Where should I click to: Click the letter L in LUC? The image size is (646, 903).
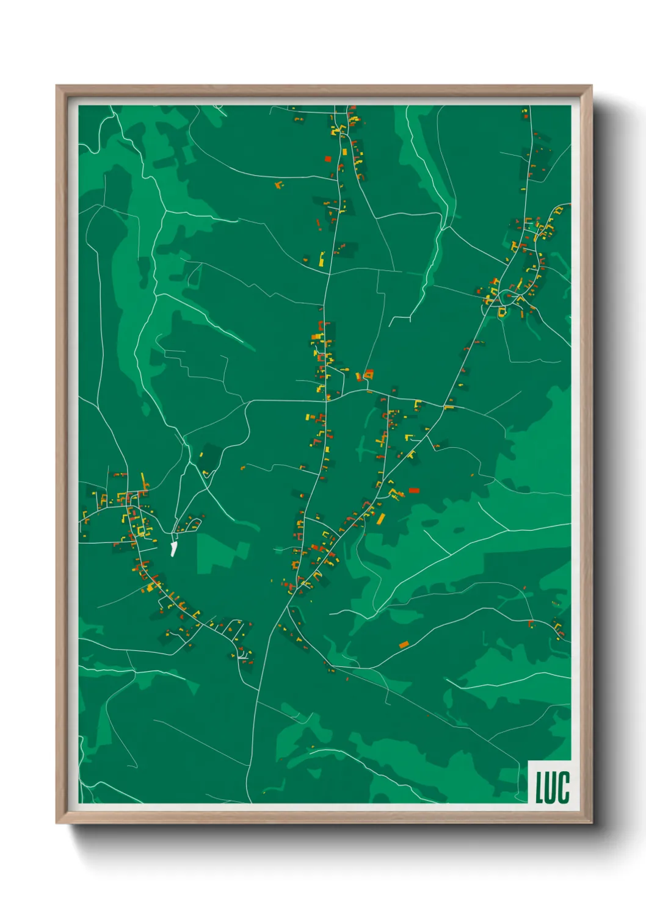pyautogui.click(x=540, y=787)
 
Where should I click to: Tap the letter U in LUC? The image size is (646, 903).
pyautogui.click(x=551, y=787)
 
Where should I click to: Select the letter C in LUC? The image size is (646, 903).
pyautogui.click(x=564, y=787)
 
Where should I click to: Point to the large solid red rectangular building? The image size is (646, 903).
pyautogui.click(x=414, y=490)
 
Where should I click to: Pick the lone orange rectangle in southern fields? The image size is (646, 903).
pyautogui.click(x=404, y=644)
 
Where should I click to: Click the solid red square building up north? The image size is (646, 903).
pyautogui.click(x=328, y=159)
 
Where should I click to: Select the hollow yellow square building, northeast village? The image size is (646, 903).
pyautogui.click(x=502, y=312)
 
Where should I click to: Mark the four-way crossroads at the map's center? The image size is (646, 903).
pyautogui.click(x=326, y=400)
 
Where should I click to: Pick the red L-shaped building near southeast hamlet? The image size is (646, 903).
pyautogui.click(x=530, y=624)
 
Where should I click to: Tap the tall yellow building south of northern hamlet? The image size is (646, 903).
pyautogui.click(x=322, y=259)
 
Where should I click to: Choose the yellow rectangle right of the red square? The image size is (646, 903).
pyautogui.click(x=344, y=151)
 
